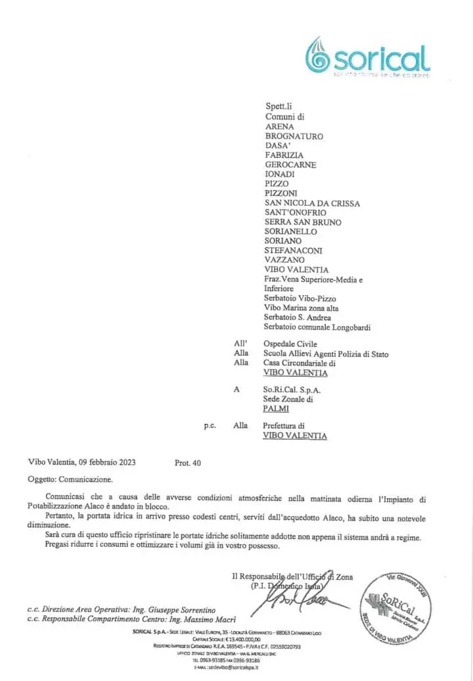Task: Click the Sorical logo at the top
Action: (368, 58)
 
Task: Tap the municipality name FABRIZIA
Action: (284, 155)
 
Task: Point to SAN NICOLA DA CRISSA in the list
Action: (312, 203)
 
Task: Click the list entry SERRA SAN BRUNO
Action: (303, 222)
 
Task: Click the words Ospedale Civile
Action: (290, 344)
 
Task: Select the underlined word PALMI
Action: (277, 409)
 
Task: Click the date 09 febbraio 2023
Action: (104, 463)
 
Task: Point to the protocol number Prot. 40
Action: (188, 463)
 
